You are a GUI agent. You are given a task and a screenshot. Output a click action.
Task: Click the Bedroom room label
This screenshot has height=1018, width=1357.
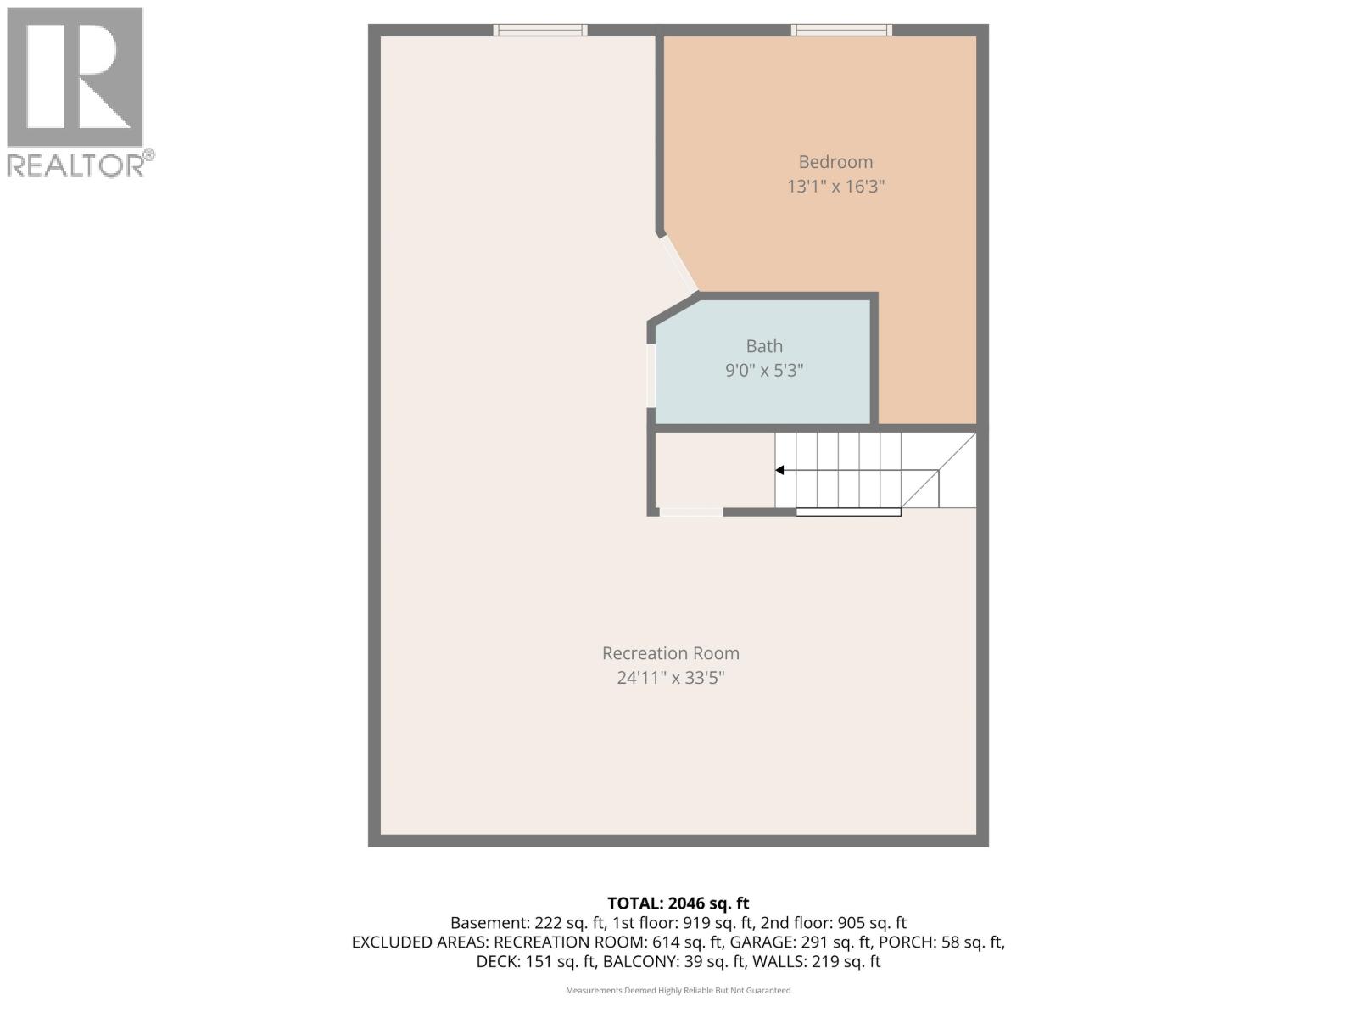pyautogui.click(x=835, y=162)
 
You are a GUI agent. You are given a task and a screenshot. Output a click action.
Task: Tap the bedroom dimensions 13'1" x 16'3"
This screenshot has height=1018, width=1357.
pyautogui.click(x=835, y=187)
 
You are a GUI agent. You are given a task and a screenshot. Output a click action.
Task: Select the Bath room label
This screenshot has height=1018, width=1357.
pyautogui.click(x=764, y=346)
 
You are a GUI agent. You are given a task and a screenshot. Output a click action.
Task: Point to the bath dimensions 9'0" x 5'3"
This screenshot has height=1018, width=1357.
pyautogui.click(x=764, y=371)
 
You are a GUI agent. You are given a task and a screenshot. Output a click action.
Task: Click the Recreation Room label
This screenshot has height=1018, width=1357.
pyautogui.click(x=670, y=653)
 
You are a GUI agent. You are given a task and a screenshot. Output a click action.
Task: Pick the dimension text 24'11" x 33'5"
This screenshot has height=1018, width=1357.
pyautogui.click(x=670, y=678)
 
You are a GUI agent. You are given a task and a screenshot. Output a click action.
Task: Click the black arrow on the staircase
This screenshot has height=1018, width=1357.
pyautogui.click(x=779, y=470)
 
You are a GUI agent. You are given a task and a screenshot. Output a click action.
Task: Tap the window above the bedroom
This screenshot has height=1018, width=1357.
pyautogui.click(x=841, y=30)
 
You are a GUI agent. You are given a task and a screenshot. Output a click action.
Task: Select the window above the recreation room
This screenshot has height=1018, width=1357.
pyautogui.click(x=540, y=30)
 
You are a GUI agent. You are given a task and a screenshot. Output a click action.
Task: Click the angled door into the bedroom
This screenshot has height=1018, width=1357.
pyautogui.click(x=678, y=263)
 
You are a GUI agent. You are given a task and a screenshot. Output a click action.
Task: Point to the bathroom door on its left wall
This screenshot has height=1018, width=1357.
pyautogui.click(x=651, y=375)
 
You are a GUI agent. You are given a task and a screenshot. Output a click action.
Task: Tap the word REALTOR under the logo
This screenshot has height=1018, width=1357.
pyautogui.click(x=81, y=165)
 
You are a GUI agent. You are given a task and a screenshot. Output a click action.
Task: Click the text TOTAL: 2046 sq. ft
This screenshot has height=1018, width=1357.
pyautogui.click(x=678, y=903)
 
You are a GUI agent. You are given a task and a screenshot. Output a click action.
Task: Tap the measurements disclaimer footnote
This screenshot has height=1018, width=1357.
pyautogui.click(x=678, y=990)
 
